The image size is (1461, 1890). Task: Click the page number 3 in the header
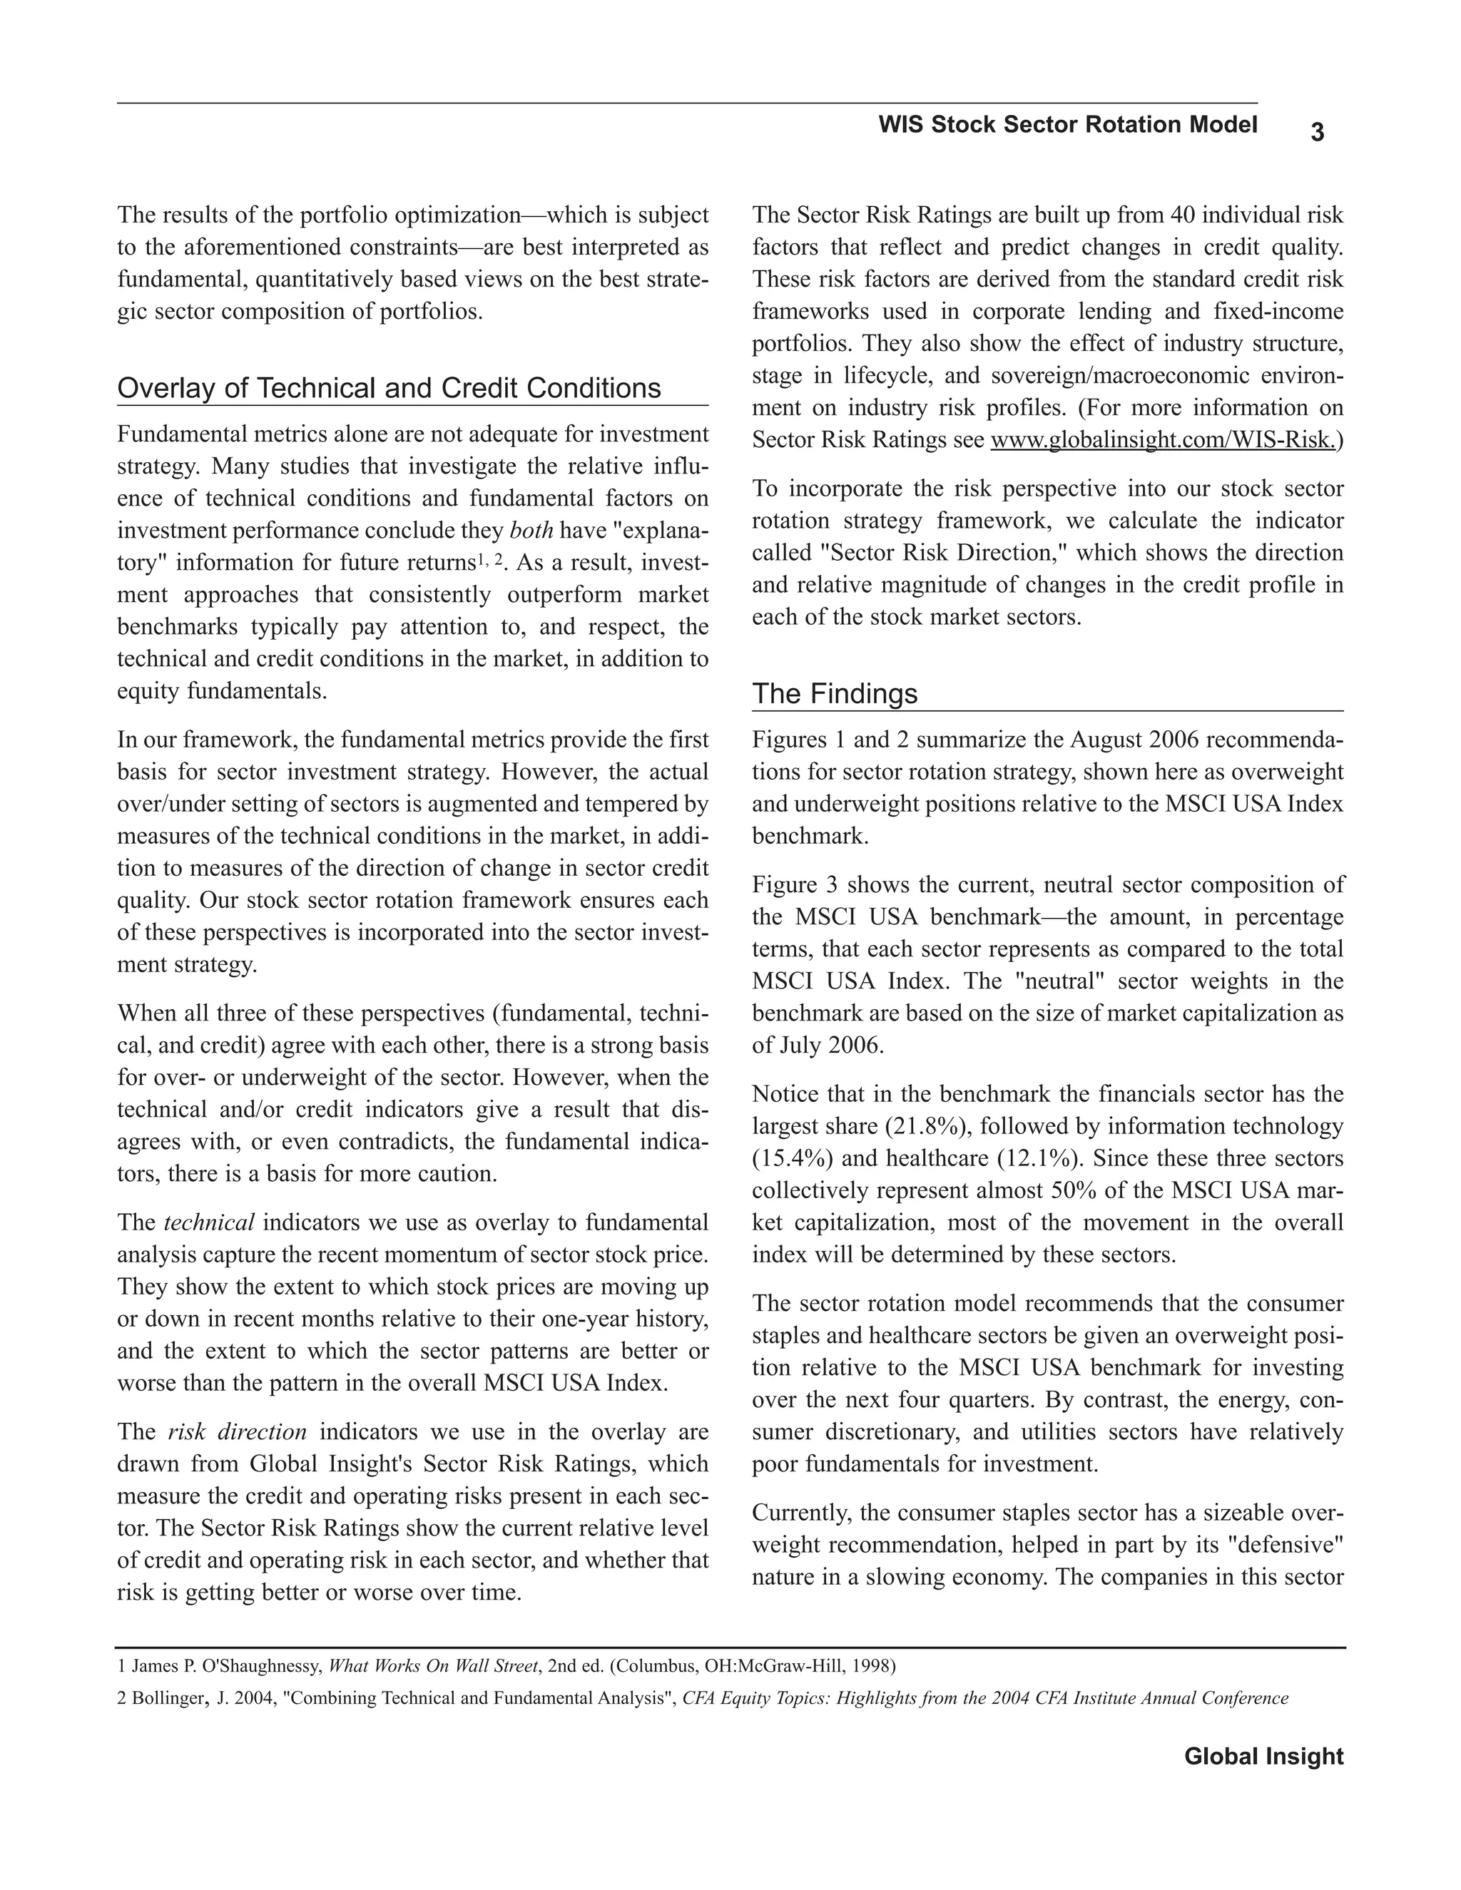1316,133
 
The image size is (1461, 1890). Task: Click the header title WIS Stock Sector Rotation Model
1067,125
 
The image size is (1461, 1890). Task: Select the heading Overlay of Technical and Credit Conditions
389,388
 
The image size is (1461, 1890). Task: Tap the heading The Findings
835,693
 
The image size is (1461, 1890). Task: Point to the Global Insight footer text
1263,1756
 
